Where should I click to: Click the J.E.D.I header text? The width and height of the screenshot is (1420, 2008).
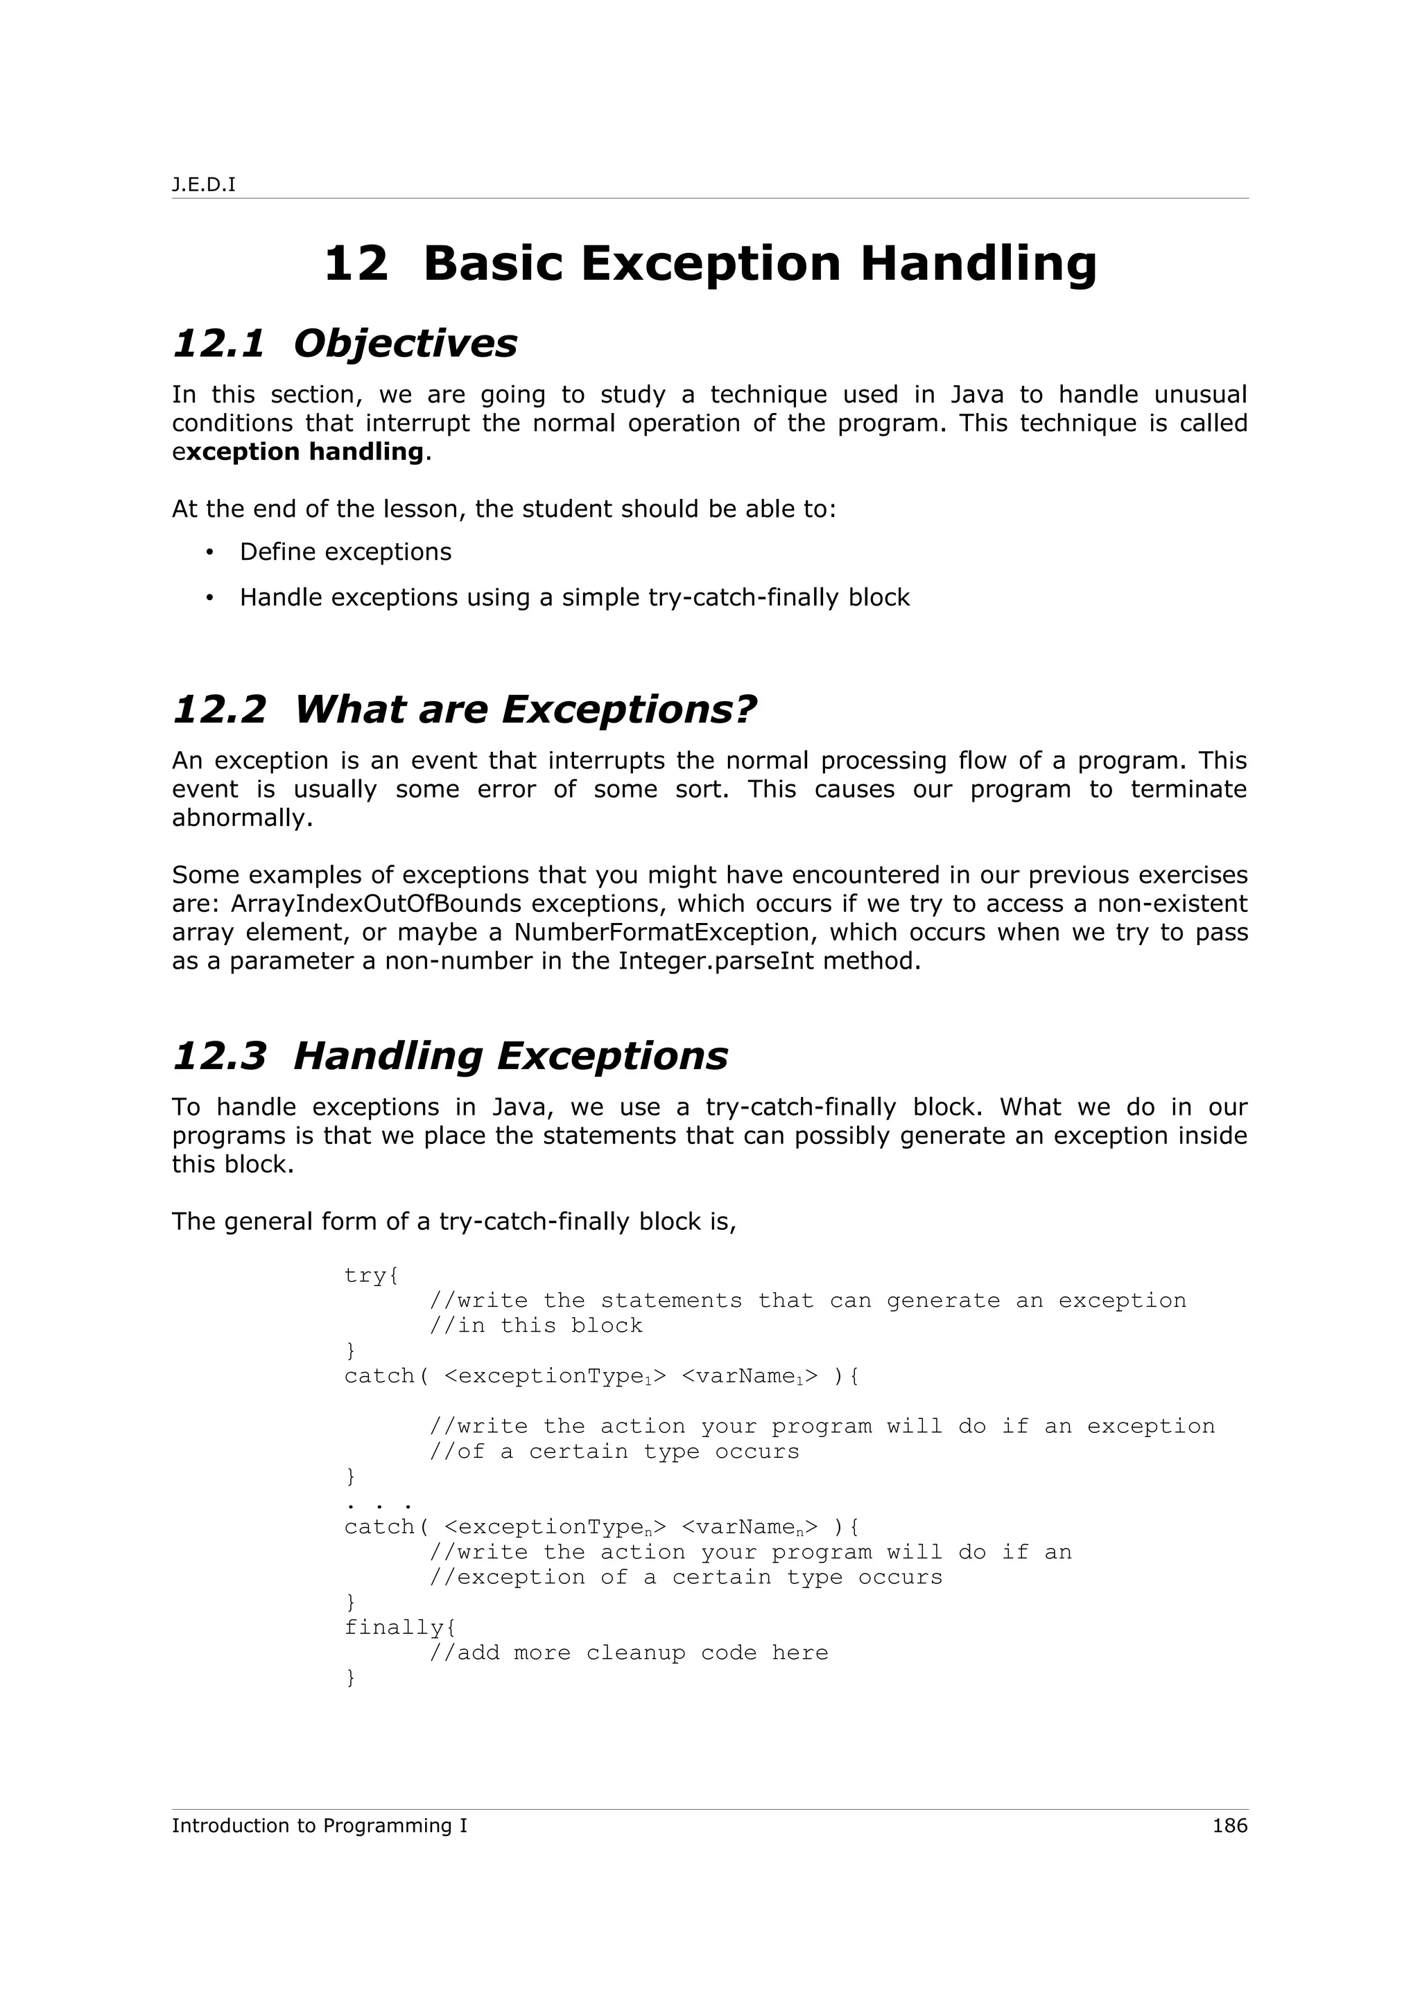pos(203,186)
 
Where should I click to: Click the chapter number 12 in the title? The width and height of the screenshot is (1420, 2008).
pos(355,263)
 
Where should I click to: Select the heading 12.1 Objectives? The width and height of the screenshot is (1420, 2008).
pos(345,343)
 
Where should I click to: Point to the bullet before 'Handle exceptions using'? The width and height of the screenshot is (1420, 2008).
pos(209,597)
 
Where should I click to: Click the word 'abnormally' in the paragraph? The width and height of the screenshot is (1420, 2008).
pos(241,818)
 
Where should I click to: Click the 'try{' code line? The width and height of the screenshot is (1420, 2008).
pos(371,1275)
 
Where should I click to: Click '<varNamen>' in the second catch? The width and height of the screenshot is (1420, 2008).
pos(749,1527)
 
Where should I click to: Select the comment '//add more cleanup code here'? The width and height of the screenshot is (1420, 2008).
pos(628,1653)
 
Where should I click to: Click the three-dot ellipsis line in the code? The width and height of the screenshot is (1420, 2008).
pos(378,1502)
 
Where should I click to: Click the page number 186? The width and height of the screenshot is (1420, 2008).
pos(1229,1826)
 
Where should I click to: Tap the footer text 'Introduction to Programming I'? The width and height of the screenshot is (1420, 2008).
pos(320,1826)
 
